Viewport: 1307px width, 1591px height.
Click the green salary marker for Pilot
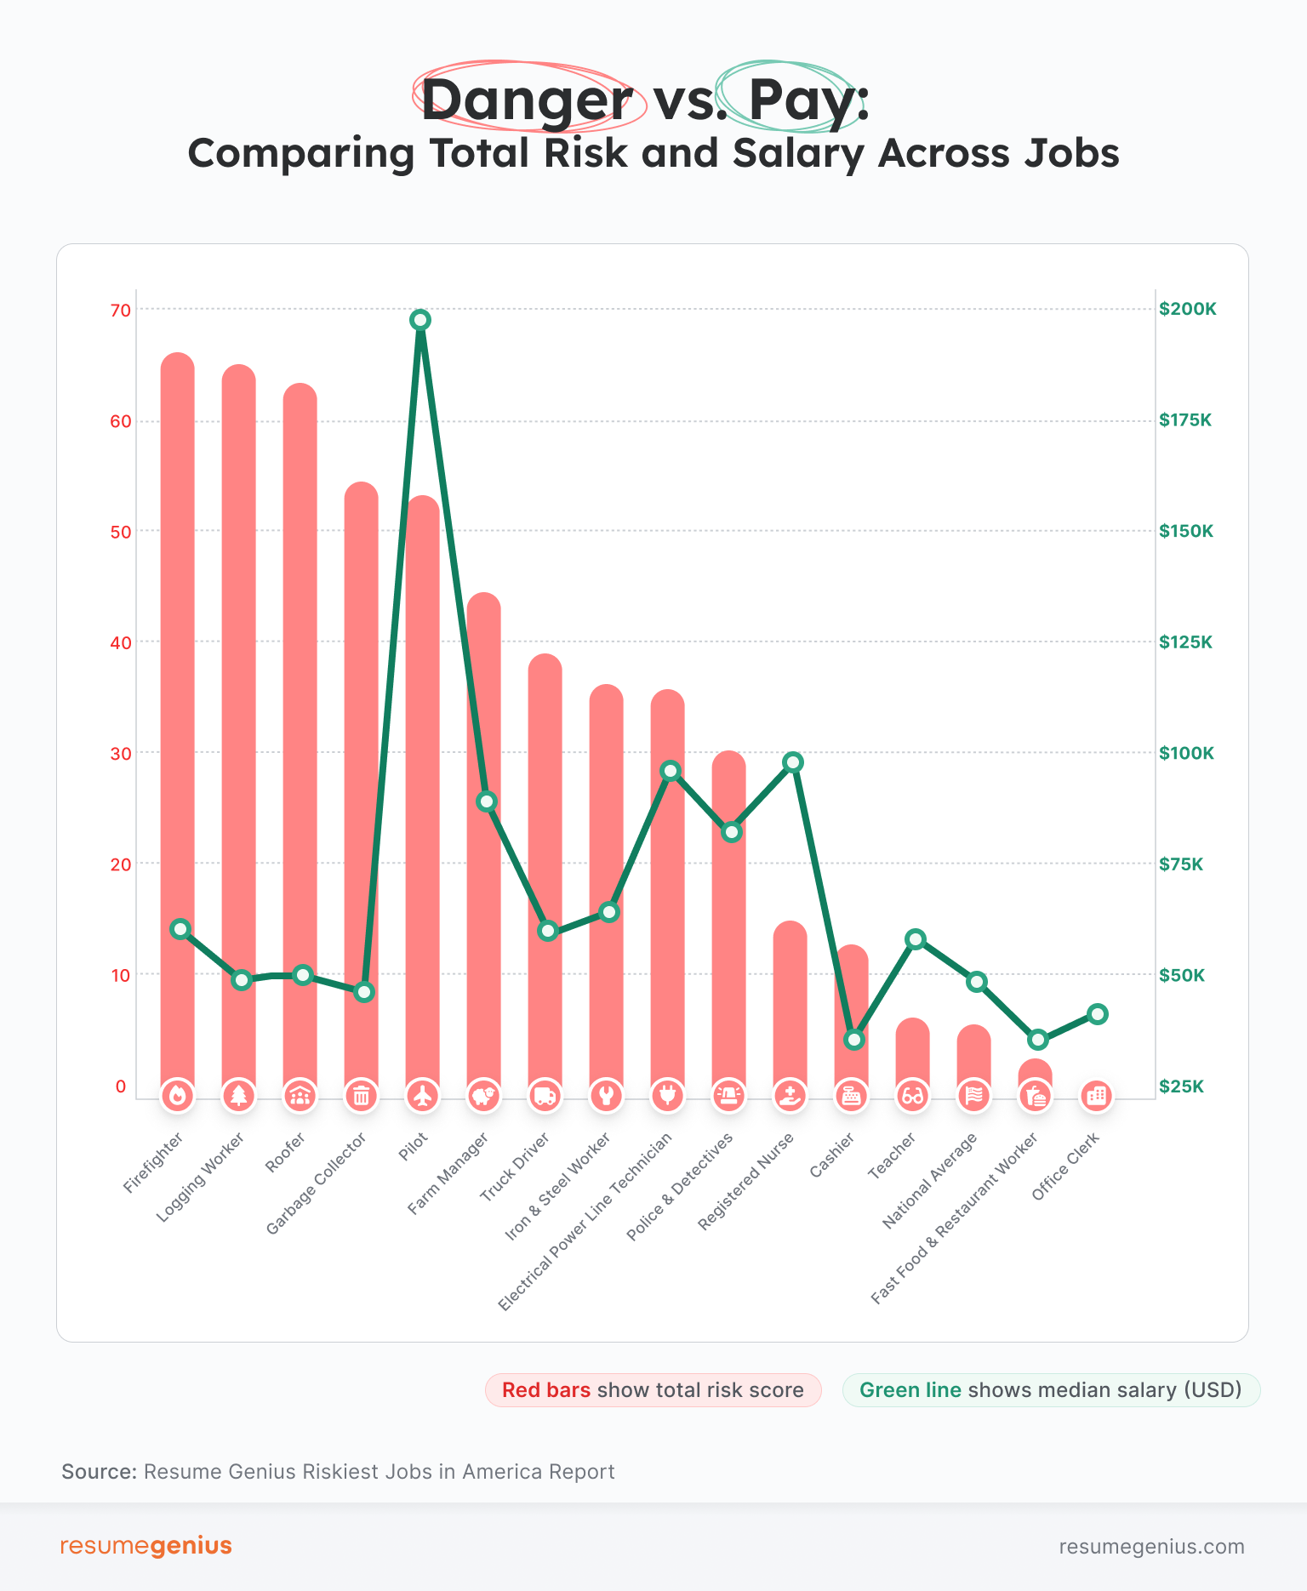pyautogui.click(x=419, y=320)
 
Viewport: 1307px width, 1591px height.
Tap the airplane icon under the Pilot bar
pyautogui.click(x=422, y=1096)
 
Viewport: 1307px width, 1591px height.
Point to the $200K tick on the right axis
pyautogui.click(x=1188, y=309)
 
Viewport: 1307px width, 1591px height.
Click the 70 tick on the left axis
pyautogui.click(x=121, y=311)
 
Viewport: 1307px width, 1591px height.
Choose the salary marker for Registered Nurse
pyautogui.click(x=793, y=762)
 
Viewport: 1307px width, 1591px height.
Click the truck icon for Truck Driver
pyautogui.click(x=545, y=1096)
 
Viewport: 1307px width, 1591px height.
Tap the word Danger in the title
pyautogui.click(x=527, y=100)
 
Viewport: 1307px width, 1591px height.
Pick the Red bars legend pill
pyautogui.click(x=653, y=1389)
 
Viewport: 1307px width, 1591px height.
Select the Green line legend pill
pyautogui.click(x=1051, y=1389)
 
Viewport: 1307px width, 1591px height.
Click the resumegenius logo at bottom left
pyautogui.click(x=146, y=1546)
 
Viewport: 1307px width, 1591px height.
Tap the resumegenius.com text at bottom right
pyautogui.click(x=1151, y=1547)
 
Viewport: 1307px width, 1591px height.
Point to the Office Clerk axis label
pyautogui.click(x=1065, y=1166)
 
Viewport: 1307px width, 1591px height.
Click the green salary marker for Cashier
pyautogui.click(x=854, y=1040)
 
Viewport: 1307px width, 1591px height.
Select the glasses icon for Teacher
pyautogui.click(x=912, y=1096)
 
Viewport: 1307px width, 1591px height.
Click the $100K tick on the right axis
pyautogui.click(x=1186, y=753)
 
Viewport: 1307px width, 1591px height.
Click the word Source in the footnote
pyautogui.click(x=99, y=1472)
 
